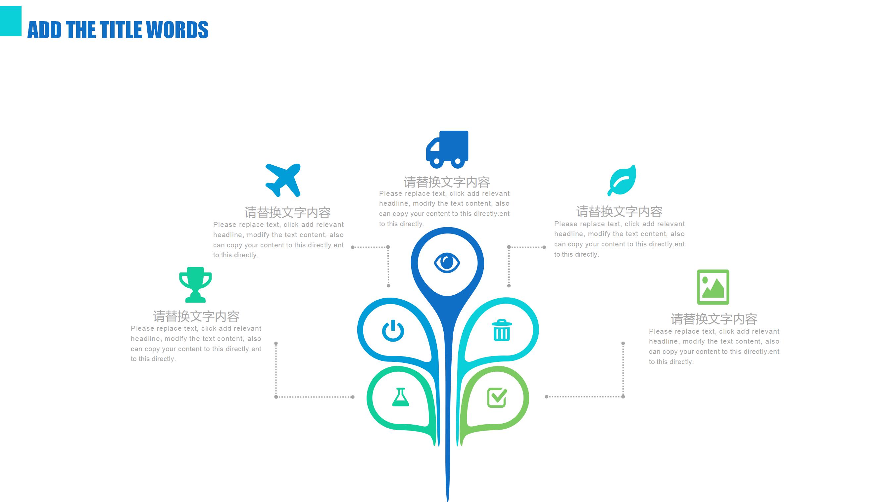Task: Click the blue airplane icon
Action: (x=283, y=180)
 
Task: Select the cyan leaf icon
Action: (x=622, y=180)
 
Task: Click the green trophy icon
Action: (x=195, y=284)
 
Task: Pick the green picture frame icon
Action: (x=713, y=287)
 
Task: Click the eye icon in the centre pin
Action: (x=447, y=263)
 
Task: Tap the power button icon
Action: (x=393, y=331)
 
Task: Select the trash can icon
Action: (x=502, y=330)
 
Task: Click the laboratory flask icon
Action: (x=401, y=397)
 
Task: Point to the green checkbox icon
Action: (x=497, y=397)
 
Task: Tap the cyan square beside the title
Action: (x=10, y=21)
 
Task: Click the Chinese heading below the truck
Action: (x=447, y=182)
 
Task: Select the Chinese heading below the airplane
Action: (x=287, y=212)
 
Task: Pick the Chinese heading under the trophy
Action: (x=196, y=316)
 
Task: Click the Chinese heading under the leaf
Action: (x=619, y=211)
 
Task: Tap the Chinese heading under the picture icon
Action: (x=714, y=318)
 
